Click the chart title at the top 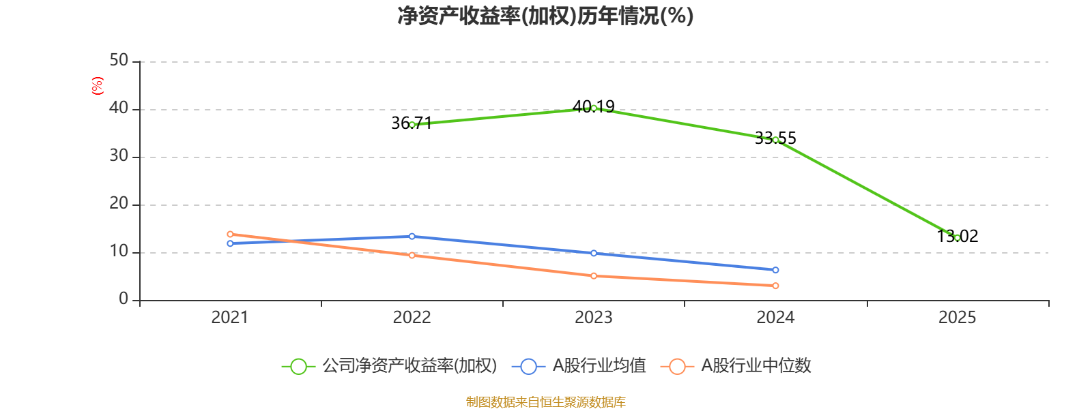[x=545, y=16]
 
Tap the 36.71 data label [x=412, y=123]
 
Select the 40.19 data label [x=593, y=106]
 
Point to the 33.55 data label [x=775, y=138]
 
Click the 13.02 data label [x=957, y=236]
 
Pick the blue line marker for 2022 [x=412, y=236]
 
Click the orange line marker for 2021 [x=230, y=234]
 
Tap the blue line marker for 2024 [x=775, y=270]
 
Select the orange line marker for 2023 [x=594, y=276]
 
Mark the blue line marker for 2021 [x=230, y=243]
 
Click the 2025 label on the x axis [x=957, y=318]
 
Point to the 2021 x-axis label [x=229, y=318]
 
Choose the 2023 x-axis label [x=593, y=318]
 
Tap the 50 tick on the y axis [x=119, y=61]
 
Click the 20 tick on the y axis [x=119, y=204]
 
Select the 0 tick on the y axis [x=124, y=299]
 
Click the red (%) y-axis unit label [x=98, y=86]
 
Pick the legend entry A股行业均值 [x=579, y=365]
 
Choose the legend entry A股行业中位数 [x=736, y=365]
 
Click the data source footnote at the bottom [x=545, y=402]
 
